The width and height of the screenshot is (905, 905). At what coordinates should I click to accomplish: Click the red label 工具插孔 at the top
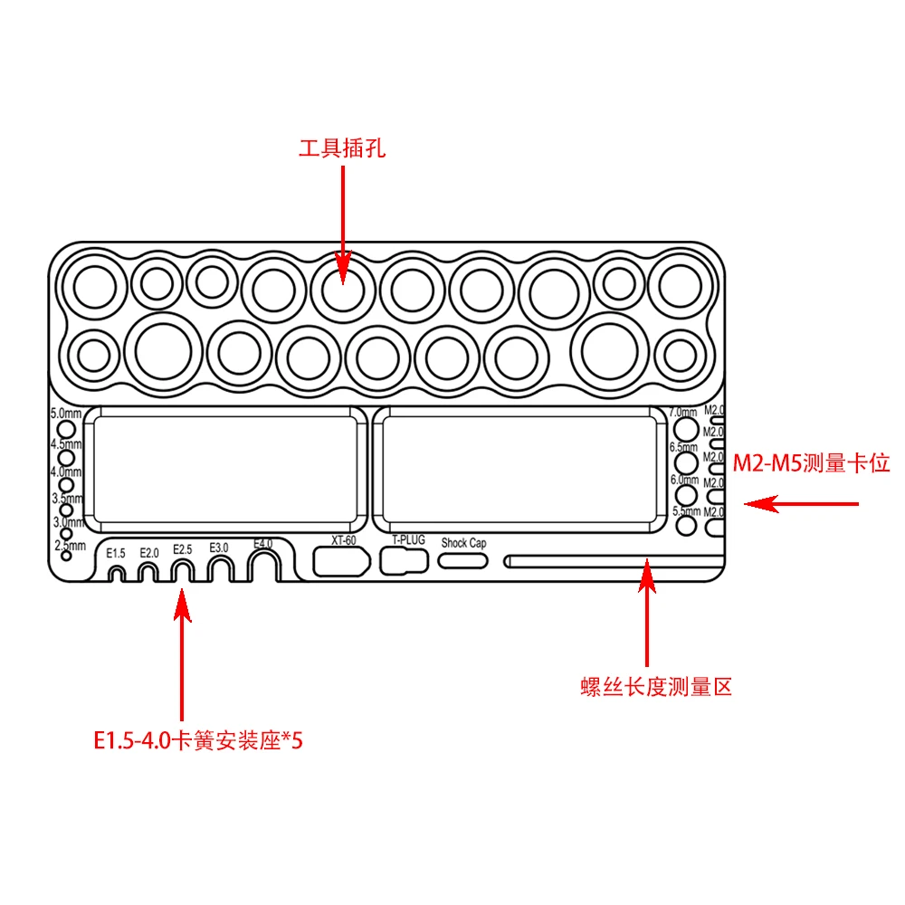pyautogui.click(x=342, y=148)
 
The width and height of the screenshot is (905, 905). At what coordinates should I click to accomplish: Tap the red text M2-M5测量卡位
pyautogui.click(x=812, y=464)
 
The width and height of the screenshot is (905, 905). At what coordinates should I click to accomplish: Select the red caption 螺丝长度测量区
pyautogui.click(x=656, y=687)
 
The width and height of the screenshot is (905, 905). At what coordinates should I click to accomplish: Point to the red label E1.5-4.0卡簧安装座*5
pyautogui.click(x=197, y=740)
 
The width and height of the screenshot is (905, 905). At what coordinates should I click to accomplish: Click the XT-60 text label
pyautogui.click(x=344, y=540)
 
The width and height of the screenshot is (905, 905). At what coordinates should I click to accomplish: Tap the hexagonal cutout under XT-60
pyautogui.click(x=340, y=561)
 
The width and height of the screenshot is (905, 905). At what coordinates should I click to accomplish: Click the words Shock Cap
pyautogui.click(x=463, y=543)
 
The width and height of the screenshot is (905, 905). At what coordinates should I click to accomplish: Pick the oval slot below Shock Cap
pyautogui.click(x=463, y=560)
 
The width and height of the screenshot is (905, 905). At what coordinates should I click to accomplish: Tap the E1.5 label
pyautogui.click(x=116, y=553)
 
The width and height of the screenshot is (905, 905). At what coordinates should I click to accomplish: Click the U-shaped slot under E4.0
pyautogui.click(x=262, y=567)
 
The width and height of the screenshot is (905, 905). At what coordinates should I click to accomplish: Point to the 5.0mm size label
pyautogui.click(x=66, y=414)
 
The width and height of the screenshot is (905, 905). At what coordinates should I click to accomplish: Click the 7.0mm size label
pyautogui.click(x=683, y=412)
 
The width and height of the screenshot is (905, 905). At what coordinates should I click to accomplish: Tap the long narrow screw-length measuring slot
pyautogui.click(x=615, y=561)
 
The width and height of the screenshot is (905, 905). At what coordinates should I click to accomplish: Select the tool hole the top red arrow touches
pyautogui.click(x=342, y=291)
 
